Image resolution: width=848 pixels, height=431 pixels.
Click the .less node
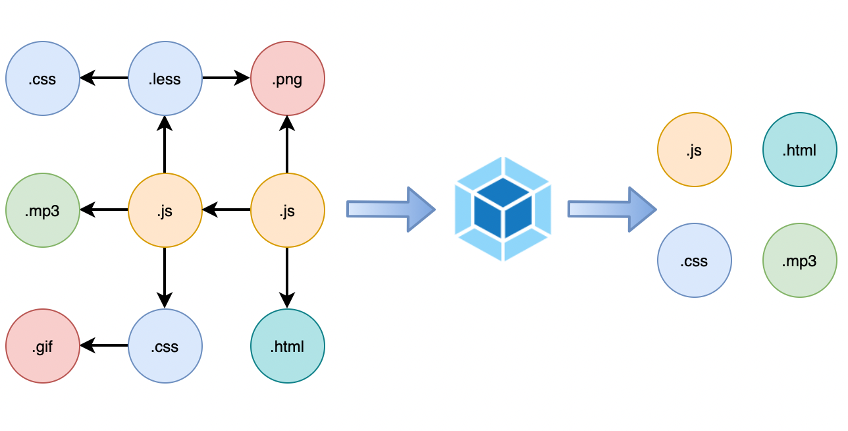point(165,79)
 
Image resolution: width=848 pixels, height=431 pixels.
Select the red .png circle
point(288,79)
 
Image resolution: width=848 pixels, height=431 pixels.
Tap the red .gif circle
point(42,345)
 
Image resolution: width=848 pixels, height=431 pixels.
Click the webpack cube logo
point(502,209)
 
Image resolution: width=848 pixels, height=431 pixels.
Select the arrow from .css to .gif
point(104,345)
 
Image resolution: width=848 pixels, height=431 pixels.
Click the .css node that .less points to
point(42,79)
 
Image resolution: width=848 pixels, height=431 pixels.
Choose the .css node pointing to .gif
point(165,345)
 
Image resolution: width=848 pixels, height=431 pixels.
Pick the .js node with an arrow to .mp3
point(165,210)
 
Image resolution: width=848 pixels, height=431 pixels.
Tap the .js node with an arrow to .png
point(288,210)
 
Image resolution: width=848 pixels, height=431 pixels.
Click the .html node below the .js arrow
point(288,345)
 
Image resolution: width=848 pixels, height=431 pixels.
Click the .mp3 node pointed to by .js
point(42,210)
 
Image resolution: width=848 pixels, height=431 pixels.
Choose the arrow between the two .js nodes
point(226,210)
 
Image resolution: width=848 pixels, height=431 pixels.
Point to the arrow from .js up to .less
point(165,144)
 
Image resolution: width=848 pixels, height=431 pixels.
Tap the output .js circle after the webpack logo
point(694,150)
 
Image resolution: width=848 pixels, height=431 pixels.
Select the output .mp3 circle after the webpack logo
point(799,260)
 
